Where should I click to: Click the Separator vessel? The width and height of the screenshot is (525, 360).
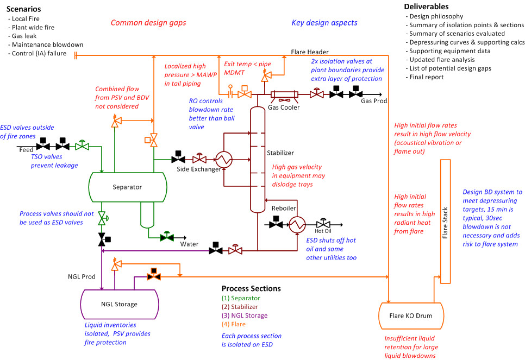click(x=127, y=187)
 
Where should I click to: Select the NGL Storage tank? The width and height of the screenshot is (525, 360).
click(x=120, y=304)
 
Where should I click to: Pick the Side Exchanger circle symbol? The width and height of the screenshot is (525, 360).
click(x=223, y=159)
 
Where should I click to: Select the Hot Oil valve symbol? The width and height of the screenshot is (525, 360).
click(x=324, y=224)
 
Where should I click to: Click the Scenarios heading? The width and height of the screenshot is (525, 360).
click(x=23, y=10)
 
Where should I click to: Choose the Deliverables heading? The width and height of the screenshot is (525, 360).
click(x=427, y=7)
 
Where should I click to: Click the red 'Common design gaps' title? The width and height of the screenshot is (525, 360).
click(x=148, y=23)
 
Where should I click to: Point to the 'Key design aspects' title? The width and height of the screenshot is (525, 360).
click(x=324, y=23)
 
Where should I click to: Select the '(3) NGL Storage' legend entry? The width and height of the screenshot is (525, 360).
click(x=245, y=315)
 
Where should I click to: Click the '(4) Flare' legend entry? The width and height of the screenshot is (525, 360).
click(x=234, y=324)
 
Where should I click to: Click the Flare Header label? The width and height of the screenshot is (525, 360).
click(x=310, y=52)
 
